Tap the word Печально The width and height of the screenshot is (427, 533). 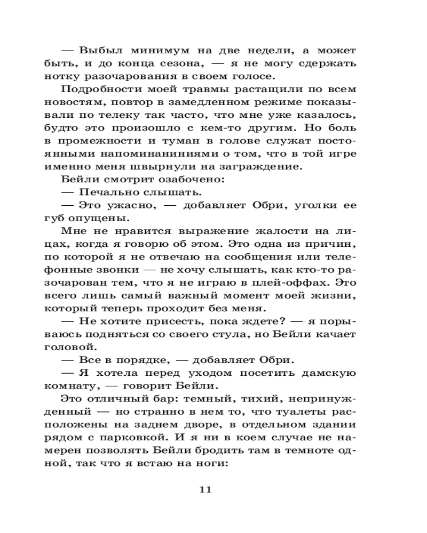105,192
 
